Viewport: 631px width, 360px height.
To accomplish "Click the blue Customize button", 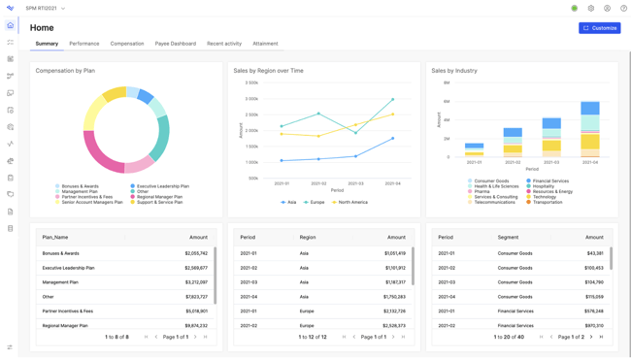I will (x=599, y=28).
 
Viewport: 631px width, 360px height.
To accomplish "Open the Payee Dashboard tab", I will (x=175, y=44).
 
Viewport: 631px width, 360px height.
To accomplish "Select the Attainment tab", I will (x=265, y=44).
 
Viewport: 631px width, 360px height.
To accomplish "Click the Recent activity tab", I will (x=224, y=44).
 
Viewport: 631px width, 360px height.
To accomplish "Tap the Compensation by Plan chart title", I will (x=65, y=71).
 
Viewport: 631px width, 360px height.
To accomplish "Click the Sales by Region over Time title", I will (x=268, y=71).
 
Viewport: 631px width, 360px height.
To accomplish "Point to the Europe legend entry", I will (x=315, y=202).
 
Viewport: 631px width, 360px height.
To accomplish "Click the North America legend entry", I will (x=350, y=202).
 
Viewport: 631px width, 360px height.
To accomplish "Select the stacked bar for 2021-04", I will (x=589, y=129).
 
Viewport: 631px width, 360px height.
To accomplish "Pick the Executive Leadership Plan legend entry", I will (x=162, y=186).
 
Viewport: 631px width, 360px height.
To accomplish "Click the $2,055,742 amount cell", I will (x=195, y=253).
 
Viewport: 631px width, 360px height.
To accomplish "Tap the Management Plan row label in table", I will (x=61, y=282).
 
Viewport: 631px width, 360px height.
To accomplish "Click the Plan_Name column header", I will (x=55, y=237).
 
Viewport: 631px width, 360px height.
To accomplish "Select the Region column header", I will (x=308, y=237).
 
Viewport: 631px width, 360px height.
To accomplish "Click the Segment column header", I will (x=508, y=237).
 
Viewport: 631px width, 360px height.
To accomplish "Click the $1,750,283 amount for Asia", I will (x=394, y=297).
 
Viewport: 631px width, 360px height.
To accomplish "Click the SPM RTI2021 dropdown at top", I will (x=46, y=9).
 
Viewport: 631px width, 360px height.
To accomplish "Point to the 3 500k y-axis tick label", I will (x=250, y=83).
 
